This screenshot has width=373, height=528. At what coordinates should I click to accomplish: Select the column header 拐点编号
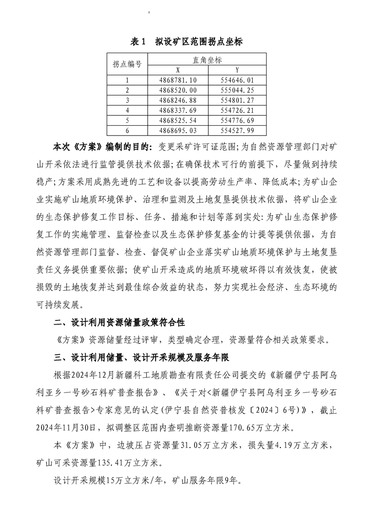tap(127, 64)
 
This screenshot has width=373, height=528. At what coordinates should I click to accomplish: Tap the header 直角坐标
tap(207, 60)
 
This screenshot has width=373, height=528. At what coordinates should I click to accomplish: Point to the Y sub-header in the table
tap(237, 69)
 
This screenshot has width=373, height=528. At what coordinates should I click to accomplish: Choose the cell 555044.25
tap(237, 90)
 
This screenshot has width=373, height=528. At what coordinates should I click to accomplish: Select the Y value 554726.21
tap(237, 110)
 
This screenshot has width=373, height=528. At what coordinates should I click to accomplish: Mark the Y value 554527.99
tap(237, 130)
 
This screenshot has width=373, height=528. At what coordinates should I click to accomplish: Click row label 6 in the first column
tap(127, 130)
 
